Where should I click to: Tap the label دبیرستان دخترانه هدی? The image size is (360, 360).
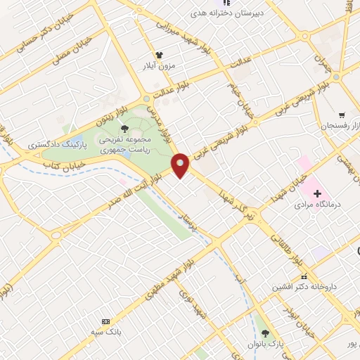[x=224, y=13]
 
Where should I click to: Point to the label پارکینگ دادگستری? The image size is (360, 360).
[x=56, y=143]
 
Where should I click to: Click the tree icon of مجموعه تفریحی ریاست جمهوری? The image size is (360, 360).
[x=124, y=128]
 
